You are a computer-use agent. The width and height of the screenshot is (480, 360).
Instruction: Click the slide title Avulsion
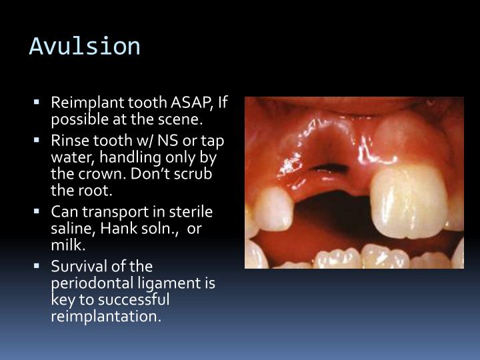pyautogui.click(x=85, y=47)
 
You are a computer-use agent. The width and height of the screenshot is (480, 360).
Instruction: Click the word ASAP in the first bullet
pyautogui.click(x=191, y=104)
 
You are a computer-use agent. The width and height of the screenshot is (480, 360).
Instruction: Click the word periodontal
pyautogui.click(x=87, y=283)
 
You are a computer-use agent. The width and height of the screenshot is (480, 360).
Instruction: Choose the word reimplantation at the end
pyautogui.click(x=106, y=315)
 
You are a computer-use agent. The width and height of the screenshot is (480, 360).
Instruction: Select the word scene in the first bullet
pyautogui.click(x=183, y=120)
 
